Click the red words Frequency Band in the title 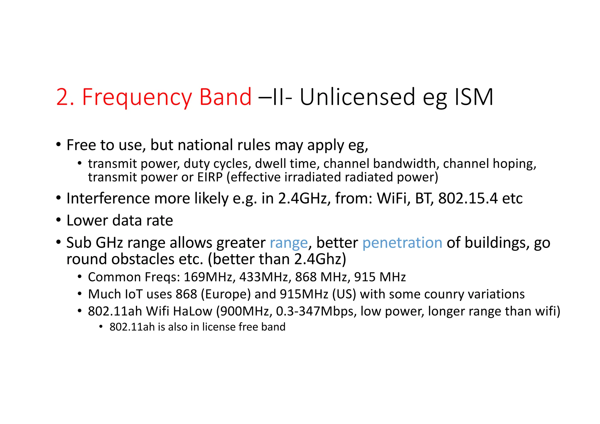(167, 97)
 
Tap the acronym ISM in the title (474, 97)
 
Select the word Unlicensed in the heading (357, 97)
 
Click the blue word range (289, 243)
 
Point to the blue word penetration (402, 243)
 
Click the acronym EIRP (210, 177)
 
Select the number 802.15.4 (468, 198)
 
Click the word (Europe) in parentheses (226, 294)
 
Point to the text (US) (344, 294)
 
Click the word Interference (108, 198)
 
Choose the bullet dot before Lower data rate (59, 220)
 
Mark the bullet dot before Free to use (59, 144)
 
